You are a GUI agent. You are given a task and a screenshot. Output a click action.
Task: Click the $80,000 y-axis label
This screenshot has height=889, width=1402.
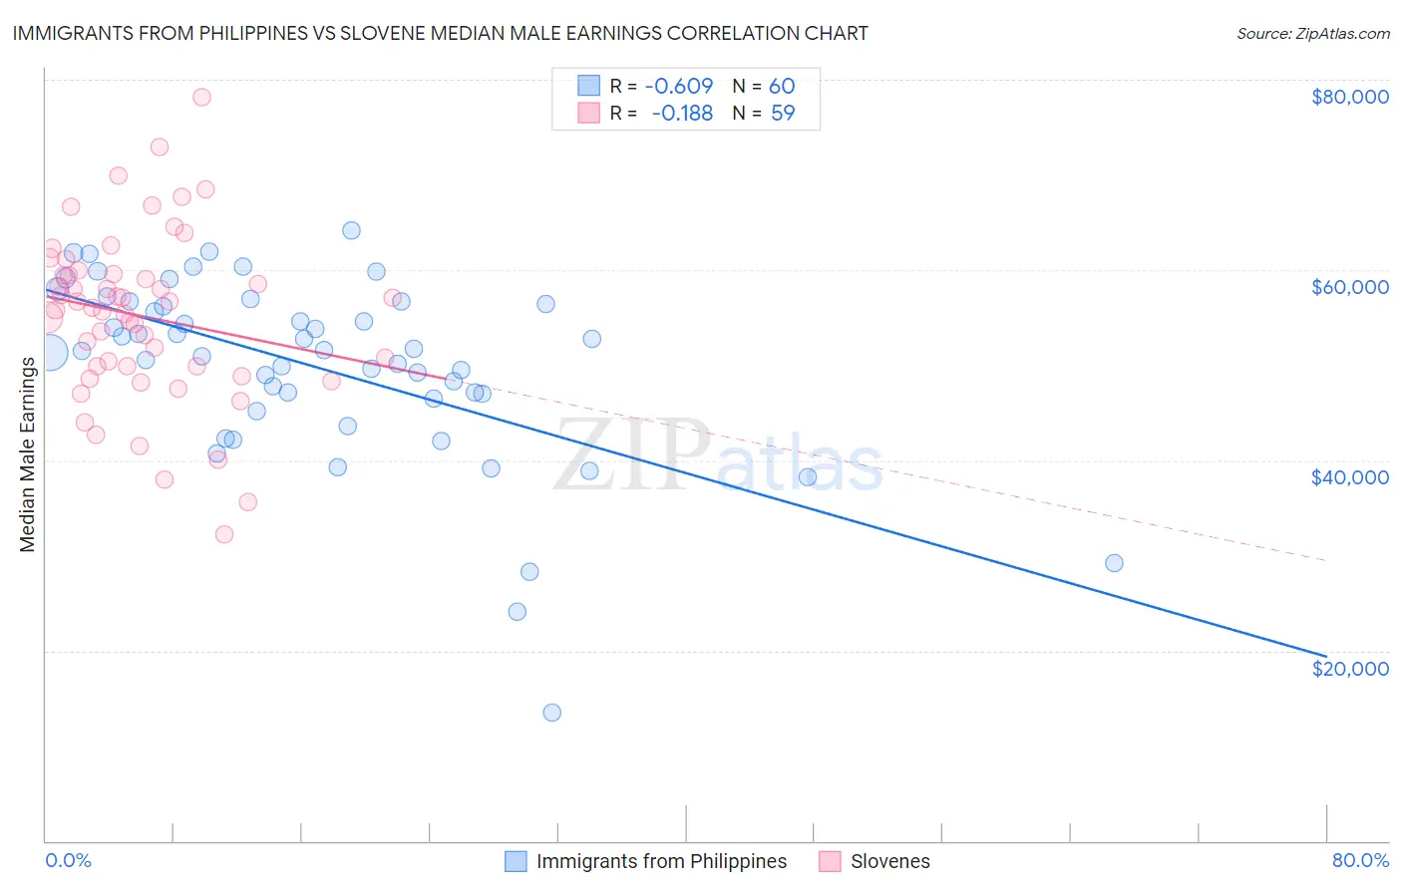tap(1349, 97)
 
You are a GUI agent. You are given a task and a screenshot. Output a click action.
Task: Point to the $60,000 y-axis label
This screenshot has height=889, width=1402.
tap(1349, 287)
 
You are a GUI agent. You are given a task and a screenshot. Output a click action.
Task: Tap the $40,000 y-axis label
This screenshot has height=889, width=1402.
tap(1349, 477)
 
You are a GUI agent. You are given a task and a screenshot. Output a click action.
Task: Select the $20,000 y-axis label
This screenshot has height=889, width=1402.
tap(1349, 668)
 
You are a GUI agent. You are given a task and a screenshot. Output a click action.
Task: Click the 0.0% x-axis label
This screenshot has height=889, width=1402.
tap(68, 860)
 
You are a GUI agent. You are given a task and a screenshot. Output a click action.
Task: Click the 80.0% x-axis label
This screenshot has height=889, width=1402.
tap(1360, 860)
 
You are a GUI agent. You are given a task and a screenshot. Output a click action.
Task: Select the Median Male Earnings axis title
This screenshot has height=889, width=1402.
tap(28, 453)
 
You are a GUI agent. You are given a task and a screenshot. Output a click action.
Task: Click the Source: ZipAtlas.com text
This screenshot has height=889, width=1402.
tap(1312, 33)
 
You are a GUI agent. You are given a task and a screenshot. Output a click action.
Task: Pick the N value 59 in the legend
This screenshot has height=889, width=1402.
tap(783, 114)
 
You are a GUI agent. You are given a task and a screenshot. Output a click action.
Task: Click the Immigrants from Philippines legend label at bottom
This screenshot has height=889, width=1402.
tap(661, 861)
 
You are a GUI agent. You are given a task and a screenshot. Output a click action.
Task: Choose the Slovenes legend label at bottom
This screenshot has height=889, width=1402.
tap(889, 861)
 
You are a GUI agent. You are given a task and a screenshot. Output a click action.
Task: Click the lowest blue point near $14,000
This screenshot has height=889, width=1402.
tap(551, 713)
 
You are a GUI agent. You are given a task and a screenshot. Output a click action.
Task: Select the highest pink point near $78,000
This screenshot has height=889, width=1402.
tap(201, 97)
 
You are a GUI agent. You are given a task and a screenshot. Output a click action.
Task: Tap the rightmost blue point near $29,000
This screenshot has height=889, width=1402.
tap(1114, 563)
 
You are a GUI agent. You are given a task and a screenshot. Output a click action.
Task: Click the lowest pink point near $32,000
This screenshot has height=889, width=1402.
tap(224, 534)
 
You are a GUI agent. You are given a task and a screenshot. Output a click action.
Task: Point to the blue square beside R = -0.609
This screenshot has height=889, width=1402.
tap(588, 87)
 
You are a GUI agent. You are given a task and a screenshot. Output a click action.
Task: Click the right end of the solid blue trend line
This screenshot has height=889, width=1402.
tap(1325, 656)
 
